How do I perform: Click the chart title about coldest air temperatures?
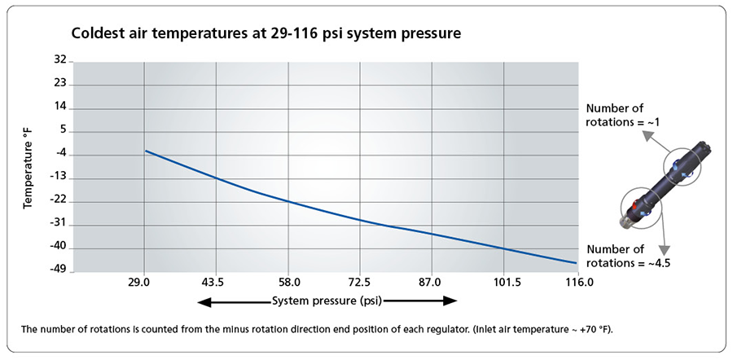[x=266, y=34]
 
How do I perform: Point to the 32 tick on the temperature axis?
[x=59, y=60]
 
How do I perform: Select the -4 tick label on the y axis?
[x=59, y=154]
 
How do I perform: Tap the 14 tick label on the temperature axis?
[x=59, y=107]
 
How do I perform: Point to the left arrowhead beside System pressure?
[x=202, y=301]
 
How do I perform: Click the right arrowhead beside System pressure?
[x=451, y=301]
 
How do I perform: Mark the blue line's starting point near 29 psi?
[x=146, y=151]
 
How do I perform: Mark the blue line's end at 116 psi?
[x=576, y=263]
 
